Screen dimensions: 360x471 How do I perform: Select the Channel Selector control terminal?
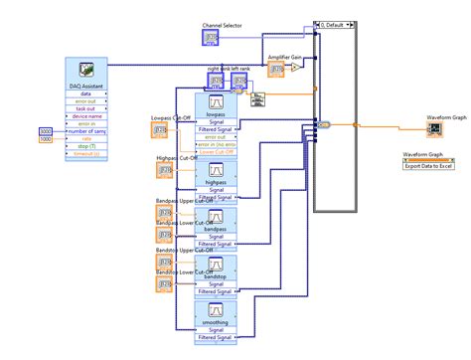(212, 38)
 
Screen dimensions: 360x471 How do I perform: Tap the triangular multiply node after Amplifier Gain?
(295, 69)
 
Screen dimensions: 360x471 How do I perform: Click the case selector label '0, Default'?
(338, 27)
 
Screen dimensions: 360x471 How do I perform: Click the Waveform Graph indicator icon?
(434, 129)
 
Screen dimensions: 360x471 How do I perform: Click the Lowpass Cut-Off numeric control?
(164, 130)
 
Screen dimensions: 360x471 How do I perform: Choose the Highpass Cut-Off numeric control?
(164, 171)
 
